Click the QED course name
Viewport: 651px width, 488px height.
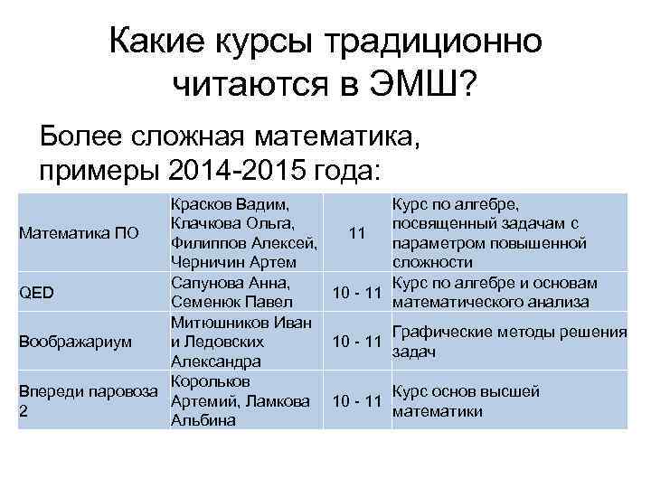click(x=37, y=292)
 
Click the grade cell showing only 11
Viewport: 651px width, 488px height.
click(x=356, y=234)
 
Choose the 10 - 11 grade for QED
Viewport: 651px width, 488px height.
click(x=356, y=292)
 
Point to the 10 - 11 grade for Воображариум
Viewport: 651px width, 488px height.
click(x=356, y=343)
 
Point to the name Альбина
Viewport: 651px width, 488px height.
click(x=203, y=419)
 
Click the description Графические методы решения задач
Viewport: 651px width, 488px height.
click(x=509, y=341)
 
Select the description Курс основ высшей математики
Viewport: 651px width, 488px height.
click(x=466, y=400)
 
